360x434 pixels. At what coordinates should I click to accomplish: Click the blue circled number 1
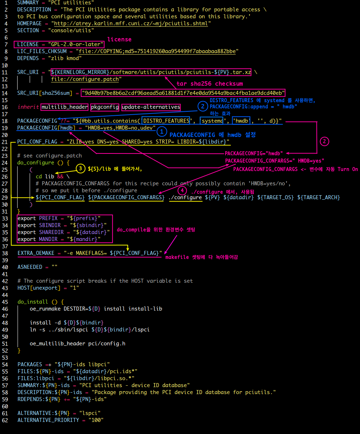162,131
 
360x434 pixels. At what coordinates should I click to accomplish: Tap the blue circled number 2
203,106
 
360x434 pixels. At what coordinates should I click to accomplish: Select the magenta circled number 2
324,141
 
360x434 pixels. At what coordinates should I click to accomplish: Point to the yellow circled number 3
81,168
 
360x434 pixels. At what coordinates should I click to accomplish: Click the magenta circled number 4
182,190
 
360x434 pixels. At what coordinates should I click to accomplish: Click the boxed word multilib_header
64,107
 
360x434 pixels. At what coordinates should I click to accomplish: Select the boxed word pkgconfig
105,107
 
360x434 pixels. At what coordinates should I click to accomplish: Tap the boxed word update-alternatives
151,107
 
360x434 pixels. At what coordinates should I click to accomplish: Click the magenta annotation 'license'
119,39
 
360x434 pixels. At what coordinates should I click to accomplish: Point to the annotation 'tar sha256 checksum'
210,84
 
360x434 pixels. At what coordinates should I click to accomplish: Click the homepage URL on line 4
131,23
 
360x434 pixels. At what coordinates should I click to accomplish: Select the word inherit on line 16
28,107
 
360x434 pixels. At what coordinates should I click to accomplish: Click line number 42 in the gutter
5,281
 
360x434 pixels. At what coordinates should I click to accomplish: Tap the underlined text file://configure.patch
85,79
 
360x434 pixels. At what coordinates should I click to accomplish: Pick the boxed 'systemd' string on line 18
212,121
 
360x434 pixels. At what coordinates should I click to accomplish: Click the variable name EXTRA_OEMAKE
36,253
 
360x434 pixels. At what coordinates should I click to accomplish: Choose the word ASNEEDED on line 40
30,267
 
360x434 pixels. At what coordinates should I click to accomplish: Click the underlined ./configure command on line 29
185,198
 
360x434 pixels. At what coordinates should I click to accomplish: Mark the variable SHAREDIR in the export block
51,232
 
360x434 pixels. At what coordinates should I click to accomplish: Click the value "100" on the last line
96,420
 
